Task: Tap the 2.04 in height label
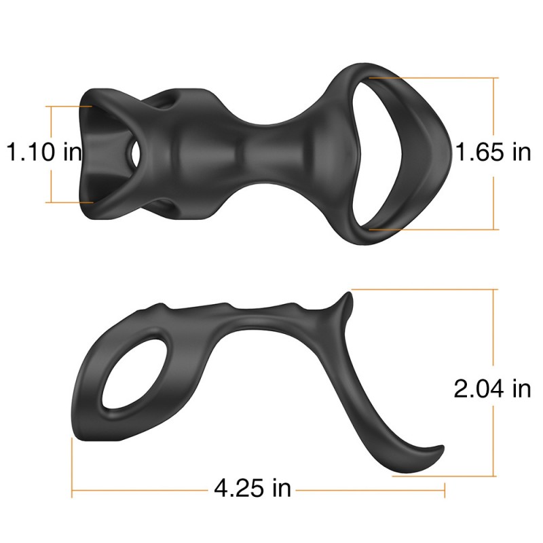[492, 389]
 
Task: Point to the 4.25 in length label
[252, 487]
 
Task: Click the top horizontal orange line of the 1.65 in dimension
[434, 77]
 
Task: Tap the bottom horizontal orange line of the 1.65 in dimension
[434, 229]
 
